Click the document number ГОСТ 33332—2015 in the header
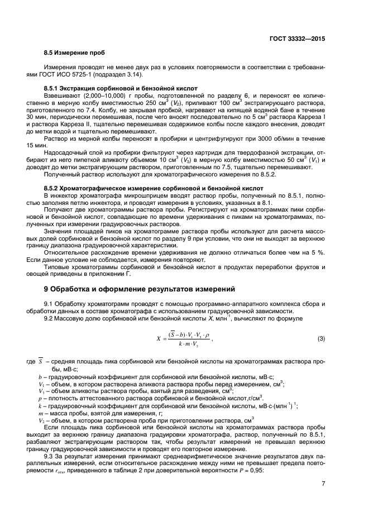(x=296, y=39)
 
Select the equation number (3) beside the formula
(x=321, y=338)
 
